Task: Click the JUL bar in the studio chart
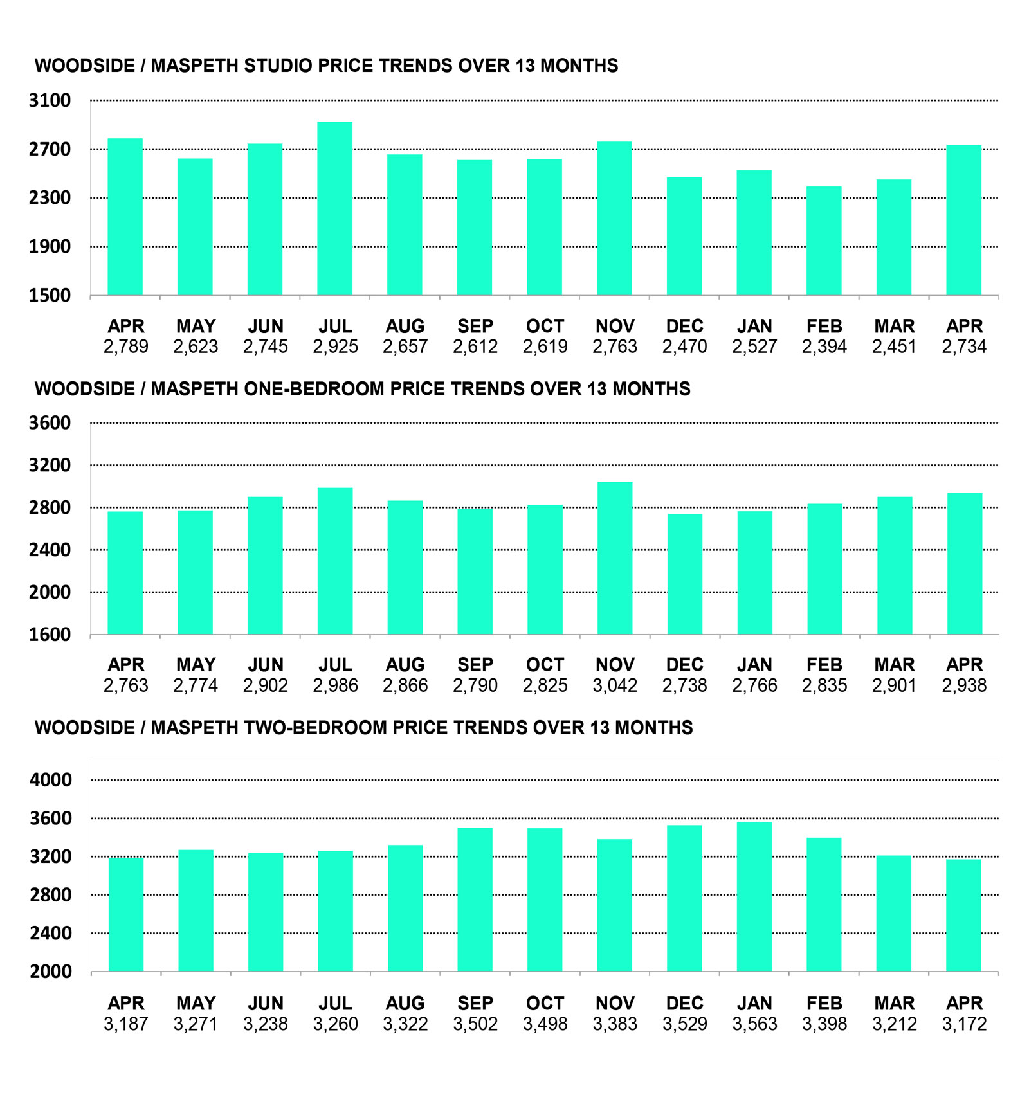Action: tap(334, 208)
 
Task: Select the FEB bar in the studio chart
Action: tap(824, 241)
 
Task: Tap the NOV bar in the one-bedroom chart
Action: tap(615, 558)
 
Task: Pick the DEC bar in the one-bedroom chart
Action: tap(685, 574)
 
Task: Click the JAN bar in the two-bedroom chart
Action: tap(754, 896)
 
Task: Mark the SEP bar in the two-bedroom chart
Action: tap(475, 899)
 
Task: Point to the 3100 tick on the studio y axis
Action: tap(50, 100)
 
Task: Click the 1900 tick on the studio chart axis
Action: tap(50, 246)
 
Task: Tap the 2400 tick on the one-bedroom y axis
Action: tap(50, 550)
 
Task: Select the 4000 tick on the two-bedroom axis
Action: tap(51, 780)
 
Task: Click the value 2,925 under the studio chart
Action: tap(335, 347)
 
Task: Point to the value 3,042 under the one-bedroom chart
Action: tap(615, 685)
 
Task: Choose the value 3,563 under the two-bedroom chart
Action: tap(754, 1024)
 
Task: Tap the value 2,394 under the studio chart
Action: tap(824, 347)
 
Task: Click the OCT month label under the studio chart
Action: tap(545, 326)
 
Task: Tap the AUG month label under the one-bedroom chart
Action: tap(405, 665)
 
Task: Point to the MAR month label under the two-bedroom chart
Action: tap(895, 1003)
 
